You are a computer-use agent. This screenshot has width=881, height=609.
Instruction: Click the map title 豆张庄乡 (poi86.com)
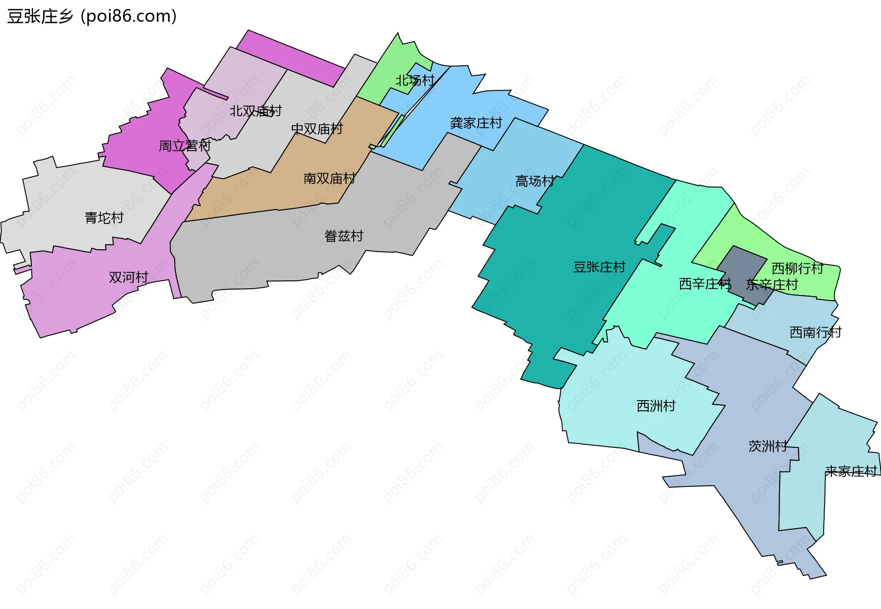coord(92,17)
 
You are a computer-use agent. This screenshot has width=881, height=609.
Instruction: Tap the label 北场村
coord(415,81)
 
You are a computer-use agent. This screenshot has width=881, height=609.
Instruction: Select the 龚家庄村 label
coord(476,123)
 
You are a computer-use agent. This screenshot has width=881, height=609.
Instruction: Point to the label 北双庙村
coord(256,111)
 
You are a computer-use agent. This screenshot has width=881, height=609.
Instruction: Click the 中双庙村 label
coord(317,129)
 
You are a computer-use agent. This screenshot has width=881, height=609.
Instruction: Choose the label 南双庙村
coord(329,179)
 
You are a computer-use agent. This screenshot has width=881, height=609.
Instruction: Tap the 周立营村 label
coord(184,146)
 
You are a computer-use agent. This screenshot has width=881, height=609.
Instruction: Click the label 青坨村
coord(104,218)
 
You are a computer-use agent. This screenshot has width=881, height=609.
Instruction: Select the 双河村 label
coord(128,277)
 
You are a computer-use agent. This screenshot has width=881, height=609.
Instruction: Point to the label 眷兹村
coord(344,236)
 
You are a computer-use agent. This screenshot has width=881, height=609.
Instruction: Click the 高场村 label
coord(535,181)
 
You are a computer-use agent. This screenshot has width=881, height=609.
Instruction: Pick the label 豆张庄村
coord(599,267)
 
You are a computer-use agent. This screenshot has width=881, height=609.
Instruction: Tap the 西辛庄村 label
coord(705,284)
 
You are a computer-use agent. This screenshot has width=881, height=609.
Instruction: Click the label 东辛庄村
coord(772,285)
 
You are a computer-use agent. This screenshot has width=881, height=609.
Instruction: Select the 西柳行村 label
coord(797,268)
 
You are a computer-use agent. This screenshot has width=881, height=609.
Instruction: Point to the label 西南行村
coord(815,332)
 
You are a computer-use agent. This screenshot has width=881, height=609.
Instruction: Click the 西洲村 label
coord(656,406)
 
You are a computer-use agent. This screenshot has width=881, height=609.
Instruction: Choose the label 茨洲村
coord(768,446)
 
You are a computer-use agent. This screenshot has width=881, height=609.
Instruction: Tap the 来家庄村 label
coord(851,471)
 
